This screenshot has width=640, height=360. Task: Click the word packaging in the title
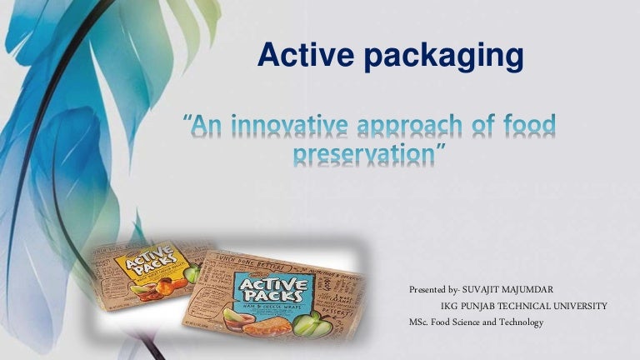click(442, 57)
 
